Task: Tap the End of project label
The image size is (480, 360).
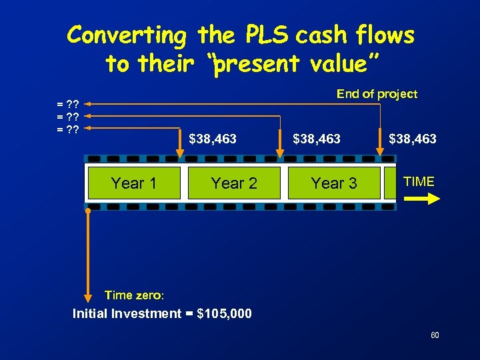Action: (x=377, y=94)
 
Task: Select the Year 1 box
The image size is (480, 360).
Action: (x=134, y=183)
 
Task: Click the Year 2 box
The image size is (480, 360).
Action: (x=234, y=183)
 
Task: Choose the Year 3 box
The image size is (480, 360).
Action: (x=334, y=183)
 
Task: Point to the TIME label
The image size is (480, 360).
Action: (x=419, y=181)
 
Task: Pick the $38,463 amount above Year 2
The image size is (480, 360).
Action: (x=213, y=139)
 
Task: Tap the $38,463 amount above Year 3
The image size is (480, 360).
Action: (x=317, y=139)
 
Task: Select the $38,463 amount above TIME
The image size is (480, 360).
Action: (x=413, y=139)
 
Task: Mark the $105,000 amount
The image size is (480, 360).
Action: (x=225, y=313)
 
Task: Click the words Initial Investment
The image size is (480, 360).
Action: (x=127, y=313)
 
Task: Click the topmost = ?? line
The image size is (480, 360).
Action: (x=68, y=105)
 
